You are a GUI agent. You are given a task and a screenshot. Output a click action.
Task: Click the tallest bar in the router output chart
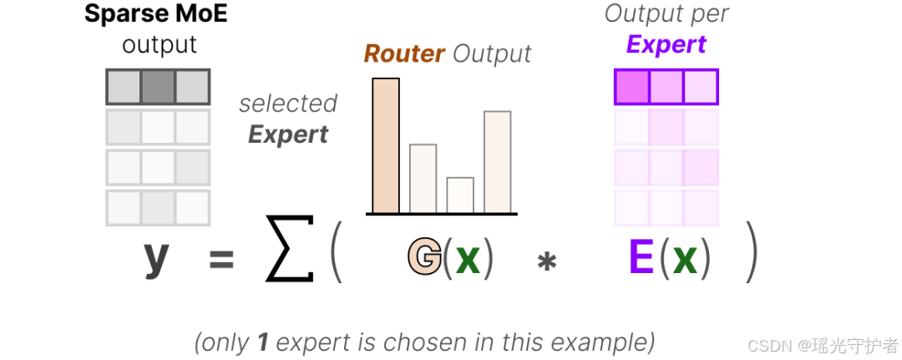coord(386,145)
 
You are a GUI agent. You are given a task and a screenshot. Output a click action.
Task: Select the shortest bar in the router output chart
coord(460,195)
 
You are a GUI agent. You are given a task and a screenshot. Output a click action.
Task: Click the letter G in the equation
coord(424,258)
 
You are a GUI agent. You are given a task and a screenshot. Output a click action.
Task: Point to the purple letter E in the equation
coord(641,258)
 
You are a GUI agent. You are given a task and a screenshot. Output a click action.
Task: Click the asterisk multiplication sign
coord(547,261)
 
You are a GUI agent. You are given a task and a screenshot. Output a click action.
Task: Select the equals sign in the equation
coord(221,260)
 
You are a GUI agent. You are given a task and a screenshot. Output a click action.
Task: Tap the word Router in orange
coord(404,54)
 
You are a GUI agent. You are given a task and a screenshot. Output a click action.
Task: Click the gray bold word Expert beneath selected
coord(288,134)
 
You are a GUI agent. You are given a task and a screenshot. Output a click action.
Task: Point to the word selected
coord(288,104)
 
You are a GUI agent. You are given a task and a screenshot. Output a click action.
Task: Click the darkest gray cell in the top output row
coord(158,86)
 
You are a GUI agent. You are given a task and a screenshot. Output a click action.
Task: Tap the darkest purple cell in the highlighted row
coord(632,87)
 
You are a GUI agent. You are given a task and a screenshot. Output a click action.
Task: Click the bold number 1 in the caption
coord(262,342)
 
